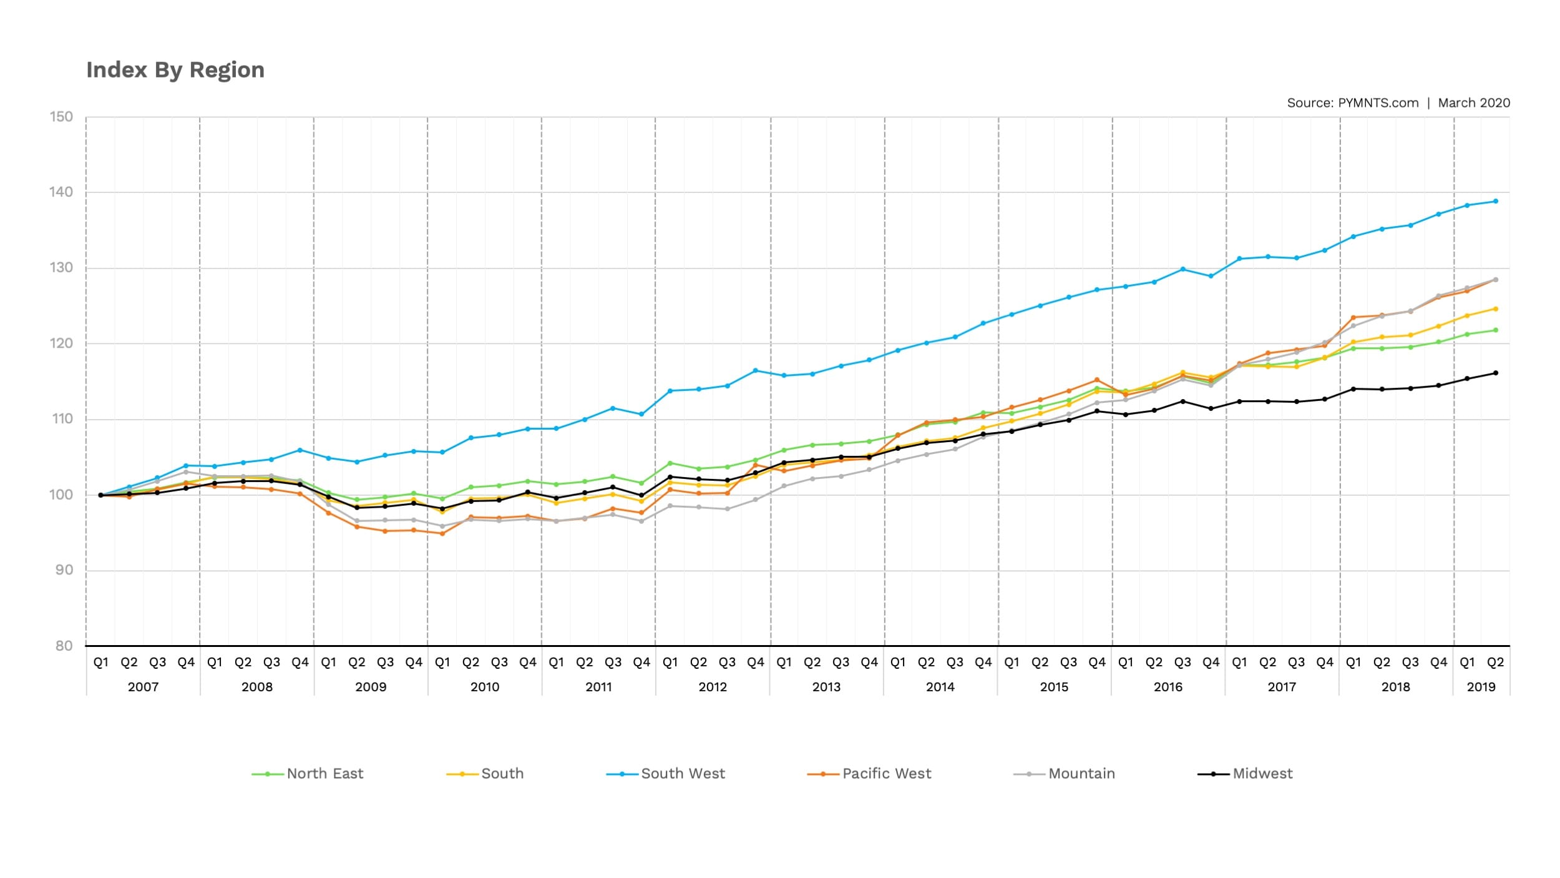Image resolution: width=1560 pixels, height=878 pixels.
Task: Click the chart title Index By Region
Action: tap(175, 70)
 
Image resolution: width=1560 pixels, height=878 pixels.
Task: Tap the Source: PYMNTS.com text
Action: tap(1352, 103)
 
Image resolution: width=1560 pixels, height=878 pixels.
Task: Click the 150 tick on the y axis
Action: tap(61, 117)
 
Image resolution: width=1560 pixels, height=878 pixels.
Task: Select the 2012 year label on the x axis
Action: tap(713, 687)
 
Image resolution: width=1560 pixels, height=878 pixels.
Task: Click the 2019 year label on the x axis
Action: tap(1481, 687)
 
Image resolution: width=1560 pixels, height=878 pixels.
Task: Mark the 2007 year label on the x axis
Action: tap(143, 687)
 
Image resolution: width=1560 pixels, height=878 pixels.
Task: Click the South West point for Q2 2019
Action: tap(1495, 201)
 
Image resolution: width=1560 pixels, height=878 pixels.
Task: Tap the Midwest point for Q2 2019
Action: tap(1495, 373)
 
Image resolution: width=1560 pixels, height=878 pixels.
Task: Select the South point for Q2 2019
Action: tap(1495, 309)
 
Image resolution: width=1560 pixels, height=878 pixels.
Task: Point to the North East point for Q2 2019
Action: tap(1495, 330)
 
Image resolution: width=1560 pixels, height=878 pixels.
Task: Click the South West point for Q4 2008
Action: tap(300, 450)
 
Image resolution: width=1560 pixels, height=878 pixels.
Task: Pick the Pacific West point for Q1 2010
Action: tap(442, 533)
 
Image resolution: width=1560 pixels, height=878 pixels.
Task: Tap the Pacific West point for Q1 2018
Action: tap(1353, 318)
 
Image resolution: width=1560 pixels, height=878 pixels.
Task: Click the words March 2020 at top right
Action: tap(1474, 103)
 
